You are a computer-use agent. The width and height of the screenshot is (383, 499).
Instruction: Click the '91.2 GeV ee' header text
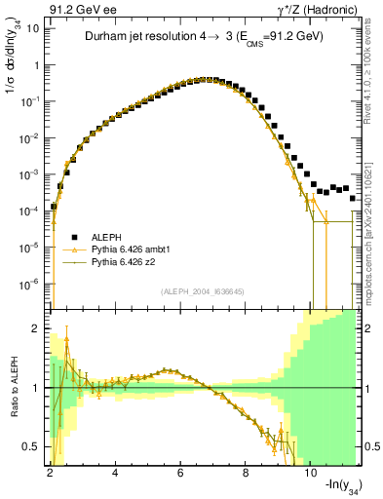click(x=77, y=9)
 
